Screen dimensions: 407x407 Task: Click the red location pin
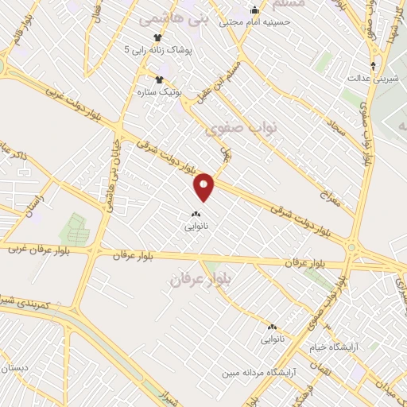click(204, 185)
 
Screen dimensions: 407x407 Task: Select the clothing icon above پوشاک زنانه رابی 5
click(157, 37)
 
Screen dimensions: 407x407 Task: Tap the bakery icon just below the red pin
click(196, 213)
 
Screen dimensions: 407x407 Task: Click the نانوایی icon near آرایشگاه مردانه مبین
click(272, 327)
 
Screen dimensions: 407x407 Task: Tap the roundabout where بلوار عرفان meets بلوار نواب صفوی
click(351, 250)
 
